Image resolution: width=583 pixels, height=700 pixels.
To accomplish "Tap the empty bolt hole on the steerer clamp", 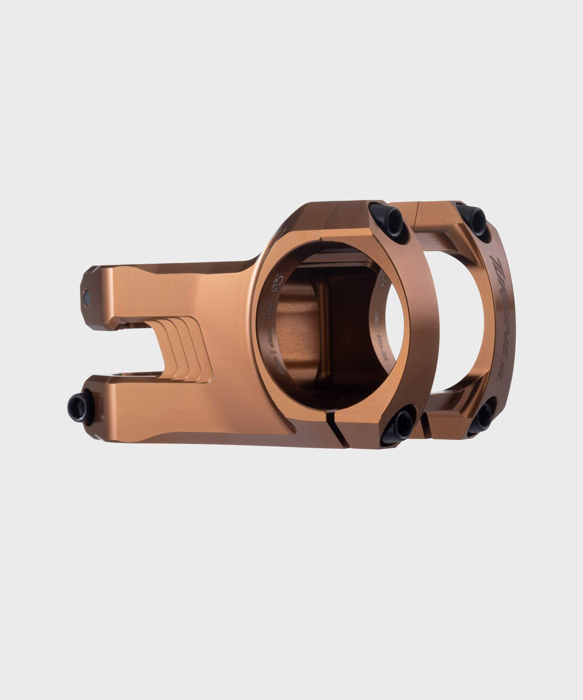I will [x=87, y=297].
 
